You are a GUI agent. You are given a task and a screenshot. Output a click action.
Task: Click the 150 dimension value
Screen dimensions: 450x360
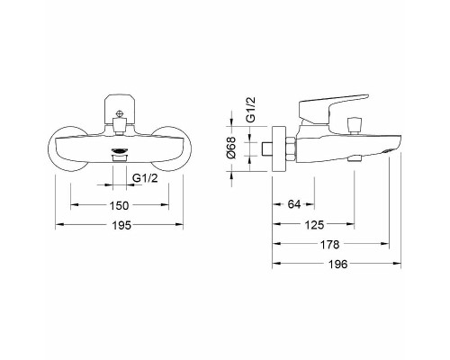coord(119,205)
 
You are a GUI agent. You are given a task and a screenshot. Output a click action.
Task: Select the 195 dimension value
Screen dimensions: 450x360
coord(121,225)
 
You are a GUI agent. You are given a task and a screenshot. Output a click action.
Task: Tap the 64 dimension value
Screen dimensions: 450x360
coord(294,204)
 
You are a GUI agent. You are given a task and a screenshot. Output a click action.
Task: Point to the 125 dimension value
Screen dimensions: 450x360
coord(314,224)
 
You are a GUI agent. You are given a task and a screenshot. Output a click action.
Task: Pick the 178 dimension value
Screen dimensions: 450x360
coord(329,245)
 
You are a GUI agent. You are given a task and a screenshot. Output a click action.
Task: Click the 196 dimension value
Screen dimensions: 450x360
coord(337,265)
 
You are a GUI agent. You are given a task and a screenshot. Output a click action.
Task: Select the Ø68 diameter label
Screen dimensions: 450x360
coord(232,148)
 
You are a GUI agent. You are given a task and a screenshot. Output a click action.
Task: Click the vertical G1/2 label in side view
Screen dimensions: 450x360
coord(250,109)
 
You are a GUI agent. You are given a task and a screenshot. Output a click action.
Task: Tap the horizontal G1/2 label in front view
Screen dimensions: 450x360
coord(145,178)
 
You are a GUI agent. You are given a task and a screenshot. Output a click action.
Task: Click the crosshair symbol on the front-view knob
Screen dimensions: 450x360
coord(120,114)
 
